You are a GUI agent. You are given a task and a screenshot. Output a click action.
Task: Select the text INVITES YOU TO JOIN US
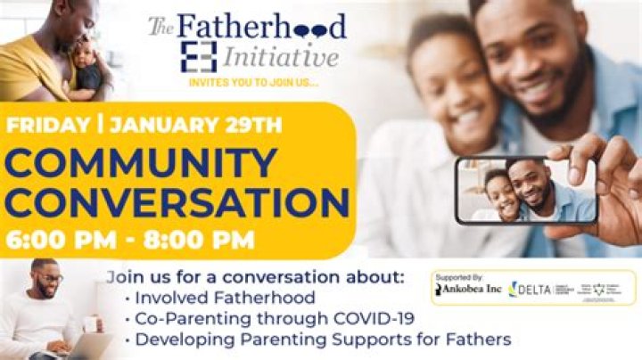pyautogui.click(x=252, y=83)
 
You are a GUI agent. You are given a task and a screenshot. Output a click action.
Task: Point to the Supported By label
pyautogui.click(x=457, y=277)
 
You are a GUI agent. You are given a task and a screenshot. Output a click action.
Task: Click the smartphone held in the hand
pyautogui.click(x=526, y=190)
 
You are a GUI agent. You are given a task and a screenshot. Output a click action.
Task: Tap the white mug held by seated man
pyautogui.click(x=89, y=324)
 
